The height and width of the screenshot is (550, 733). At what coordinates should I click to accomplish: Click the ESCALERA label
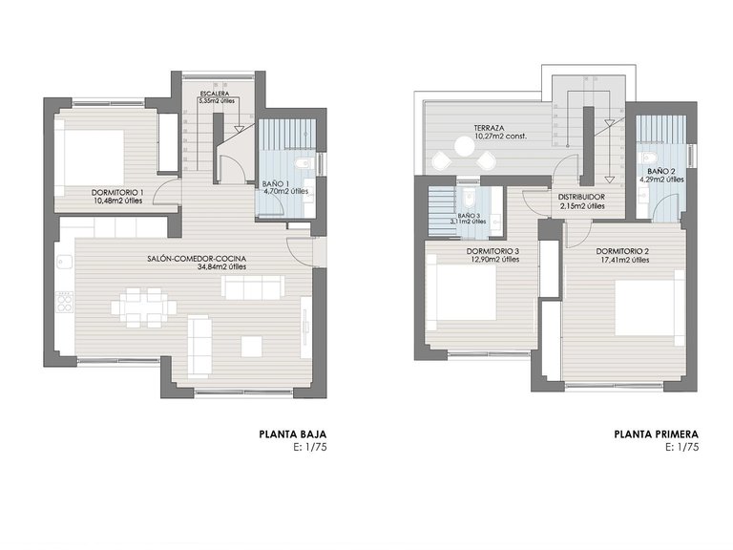click(x=214, y=93)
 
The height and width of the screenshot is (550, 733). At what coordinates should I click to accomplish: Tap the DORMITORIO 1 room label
click(x=118, y=192)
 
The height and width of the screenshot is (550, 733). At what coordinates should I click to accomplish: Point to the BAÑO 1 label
click(x=276, y=182)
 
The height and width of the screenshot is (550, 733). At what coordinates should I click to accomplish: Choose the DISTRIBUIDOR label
click(x=582, y=198)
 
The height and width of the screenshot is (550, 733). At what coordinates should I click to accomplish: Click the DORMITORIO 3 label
click(x=493, y=252)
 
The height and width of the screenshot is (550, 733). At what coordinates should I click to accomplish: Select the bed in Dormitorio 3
click(x=464, y=292)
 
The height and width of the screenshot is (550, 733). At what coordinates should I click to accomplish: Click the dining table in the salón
click(x=143, y=307)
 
